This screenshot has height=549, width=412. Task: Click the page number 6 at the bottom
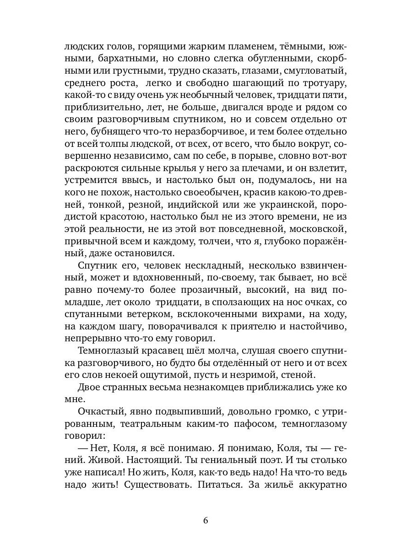(x=206, y=521)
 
